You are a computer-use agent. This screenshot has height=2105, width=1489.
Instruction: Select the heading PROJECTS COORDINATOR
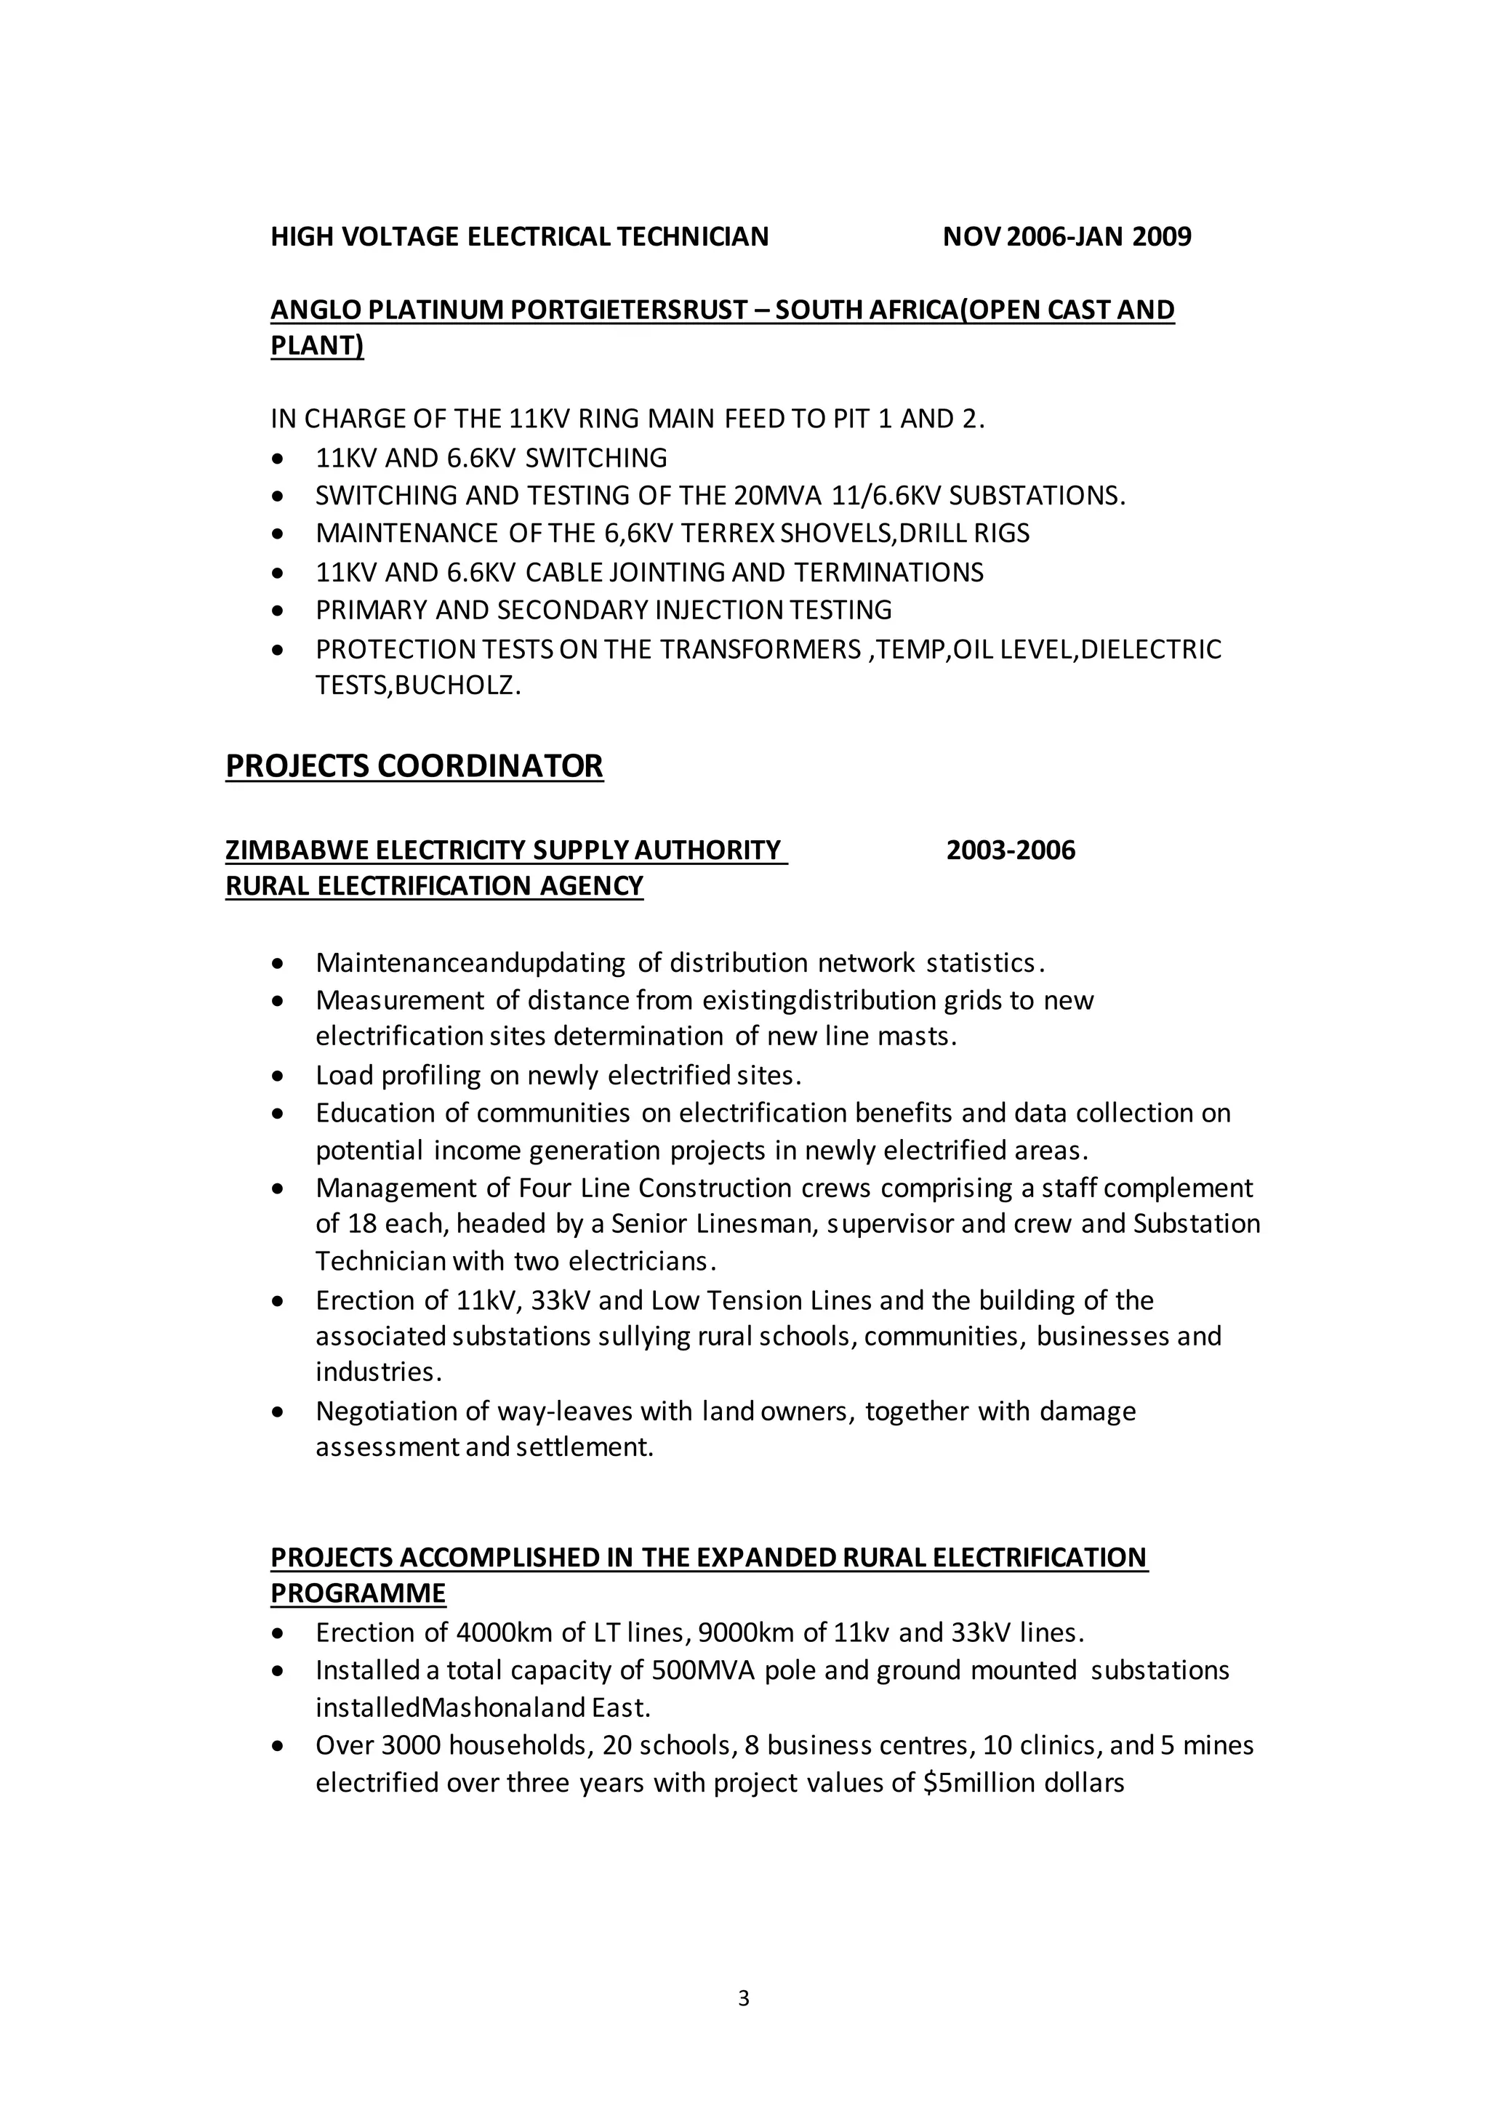pos(414,765)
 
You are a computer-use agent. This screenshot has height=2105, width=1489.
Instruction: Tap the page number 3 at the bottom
pos(744,1999)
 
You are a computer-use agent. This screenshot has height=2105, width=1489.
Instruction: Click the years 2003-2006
pos(1011,851)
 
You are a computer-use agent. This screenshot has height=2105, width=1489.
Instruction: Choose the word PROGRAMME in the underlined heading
pos(358,1593)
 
